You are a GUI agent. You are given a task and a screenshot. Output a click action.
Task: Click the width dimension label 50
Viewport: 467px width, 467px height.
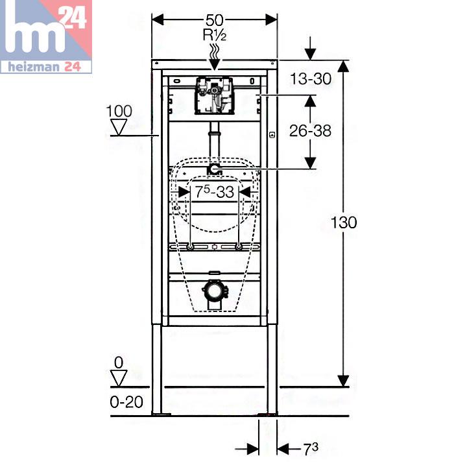[214, 20]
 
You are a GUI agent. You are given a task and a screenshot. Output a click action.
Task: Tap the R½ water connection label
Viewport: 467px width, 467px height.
[215, 35]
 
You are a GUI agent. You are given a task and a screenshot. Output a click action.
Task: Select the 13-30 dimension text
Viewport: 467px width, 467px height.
[311, 79]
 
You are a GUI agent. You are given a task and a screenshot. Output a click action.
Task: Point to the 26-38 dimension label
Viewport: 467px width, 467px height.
[310, 131]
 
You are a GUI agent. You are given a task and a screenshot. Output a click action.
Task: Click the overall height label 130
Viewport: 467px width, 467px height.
[344, 222]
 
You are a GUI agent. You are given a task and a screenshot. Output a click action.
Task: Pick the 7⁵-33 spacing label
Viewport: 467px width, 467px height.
[215, 192]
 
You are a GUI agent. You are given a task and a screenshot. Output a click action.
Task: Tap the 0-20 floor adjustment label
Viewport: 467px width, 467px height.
[126, 402]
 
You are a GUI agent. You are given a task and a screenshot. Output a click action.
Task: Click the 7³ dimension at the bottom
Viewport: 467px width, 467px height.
[311, 449]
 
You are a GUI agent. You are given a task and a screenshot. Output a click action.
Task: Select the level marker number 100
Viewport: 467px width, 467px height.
[119, 111]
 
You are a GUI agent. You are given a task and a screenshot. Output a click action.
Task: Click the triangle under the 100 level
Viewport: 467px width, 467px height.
[119, 127]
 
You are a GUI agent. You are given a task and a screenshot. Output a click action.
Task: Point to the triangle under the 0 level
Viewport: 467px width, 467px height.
[119, 378]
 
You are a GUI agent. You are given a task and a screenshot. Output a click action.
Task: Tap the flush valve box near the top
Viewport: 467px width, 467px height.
[214, 96]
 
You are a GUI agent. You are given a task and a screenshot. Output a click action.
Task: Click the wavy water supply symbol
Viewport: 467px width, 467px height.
[215, 51]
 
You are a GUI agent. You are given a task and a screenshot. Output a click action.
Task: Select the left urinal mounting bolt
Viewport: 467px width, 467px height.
[190, 246]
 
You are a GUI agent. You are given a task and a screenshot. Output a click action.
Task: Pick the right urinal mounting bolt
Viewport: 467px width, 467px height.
[239, 246]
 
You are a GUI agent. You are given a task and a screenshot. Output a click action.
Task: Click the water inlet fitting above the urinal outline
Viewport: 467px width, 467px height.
[214, 169]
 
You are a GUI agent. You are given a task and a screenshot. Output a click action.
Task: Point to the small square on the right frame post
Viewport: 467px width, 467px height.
[272, 135]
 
